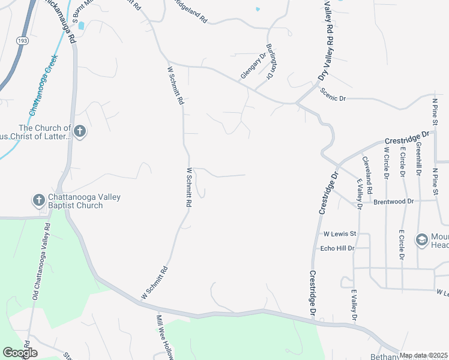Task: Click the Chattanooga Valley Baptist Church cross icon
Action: [38, 200]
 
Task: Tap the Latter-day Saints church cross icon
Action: [80, 132]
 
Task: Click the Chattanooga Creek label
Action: [43, 85]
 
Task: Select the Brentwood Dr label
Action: [394, 202]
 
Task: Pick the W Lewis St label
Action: [340, 233]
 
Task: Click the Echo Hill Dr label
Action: [337, 248]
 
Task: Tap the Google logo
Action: [20, 353]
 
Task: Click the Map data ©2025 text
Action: [423, 355]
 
